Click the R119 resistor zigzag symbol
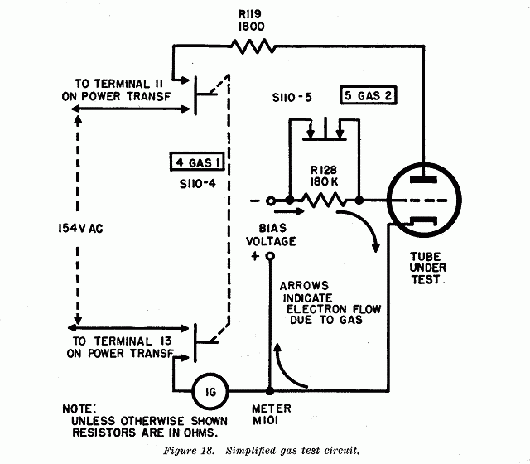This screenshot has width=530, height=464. [x=253, y=46]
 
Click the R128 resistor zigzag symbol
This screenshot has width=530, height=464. [x=324, y=201]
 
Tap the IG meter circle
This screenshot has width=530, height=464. [x=210, y=392]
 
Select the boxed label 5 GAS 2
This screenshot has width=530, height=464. [x=368, y=95]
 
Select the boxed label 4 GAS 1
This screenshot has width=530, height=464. [x=197, y=162]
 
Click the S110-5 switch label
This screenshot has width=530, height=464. [x=292, y=98]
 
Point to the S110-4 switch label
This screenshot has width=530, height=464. [x=197, y=184]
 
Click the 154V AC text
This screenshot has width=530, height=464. [x=80, y=229]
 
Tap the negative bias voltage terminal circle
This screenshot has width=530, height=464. [x=270, y=201]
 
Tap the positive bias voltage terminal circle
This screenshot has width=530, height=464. [x=270, y=256]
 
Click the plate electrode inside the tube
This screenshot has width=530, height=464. [x=423, y=180]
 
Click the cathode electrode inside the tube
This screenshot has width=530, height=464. [x=423, y=221]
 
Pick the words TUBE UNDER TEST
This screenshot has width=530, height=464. [x=427, y=268]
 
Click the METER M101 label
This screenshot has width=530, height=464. [x=272, y=414]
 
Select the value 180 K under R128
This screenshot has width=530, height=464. [x=324, y=182]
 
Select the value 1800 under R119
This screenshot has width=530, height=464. [x=252, y=27]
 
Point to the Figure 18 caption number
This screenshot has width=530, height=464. [x=189, y=451]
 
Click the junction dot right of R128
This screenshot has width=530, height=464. [x=359, y=201]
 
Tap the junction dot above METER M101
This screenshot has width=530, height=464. [x=270, y=391]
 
